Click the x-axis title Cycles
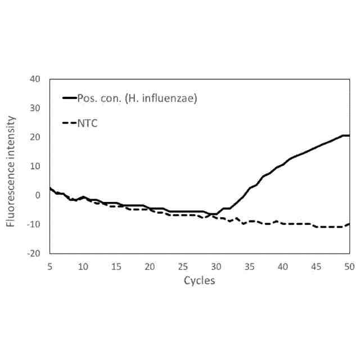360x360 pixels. [x=199, y=280]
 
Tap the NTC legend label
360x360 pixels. [x=87, y=123]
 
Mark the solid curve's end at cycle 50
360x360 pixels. [x=349, y=136]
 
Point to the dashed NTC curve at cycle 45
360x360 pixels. [x=316, y=226]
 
